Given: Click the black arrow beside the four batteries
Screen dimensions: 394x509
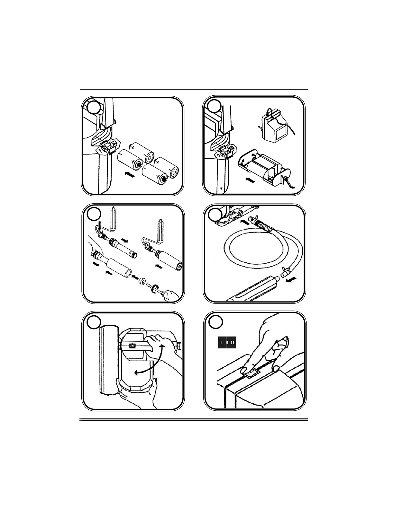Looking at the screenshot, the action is [129, 174].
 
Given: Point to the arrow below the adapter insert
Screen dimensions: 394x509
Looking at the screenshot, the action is [251, 180].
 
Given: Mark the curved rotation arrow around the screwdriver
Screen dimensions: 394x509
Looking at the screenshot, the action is [155, 288].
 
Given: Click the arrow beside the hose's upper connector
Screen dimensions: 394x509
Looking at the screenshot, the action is [245, 221].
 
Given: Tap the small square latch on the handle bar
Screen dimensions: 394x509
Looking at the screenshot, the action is [133, 346].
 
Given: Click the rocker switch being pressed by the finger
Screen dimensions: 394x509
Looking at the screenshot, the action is [253, 372].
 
